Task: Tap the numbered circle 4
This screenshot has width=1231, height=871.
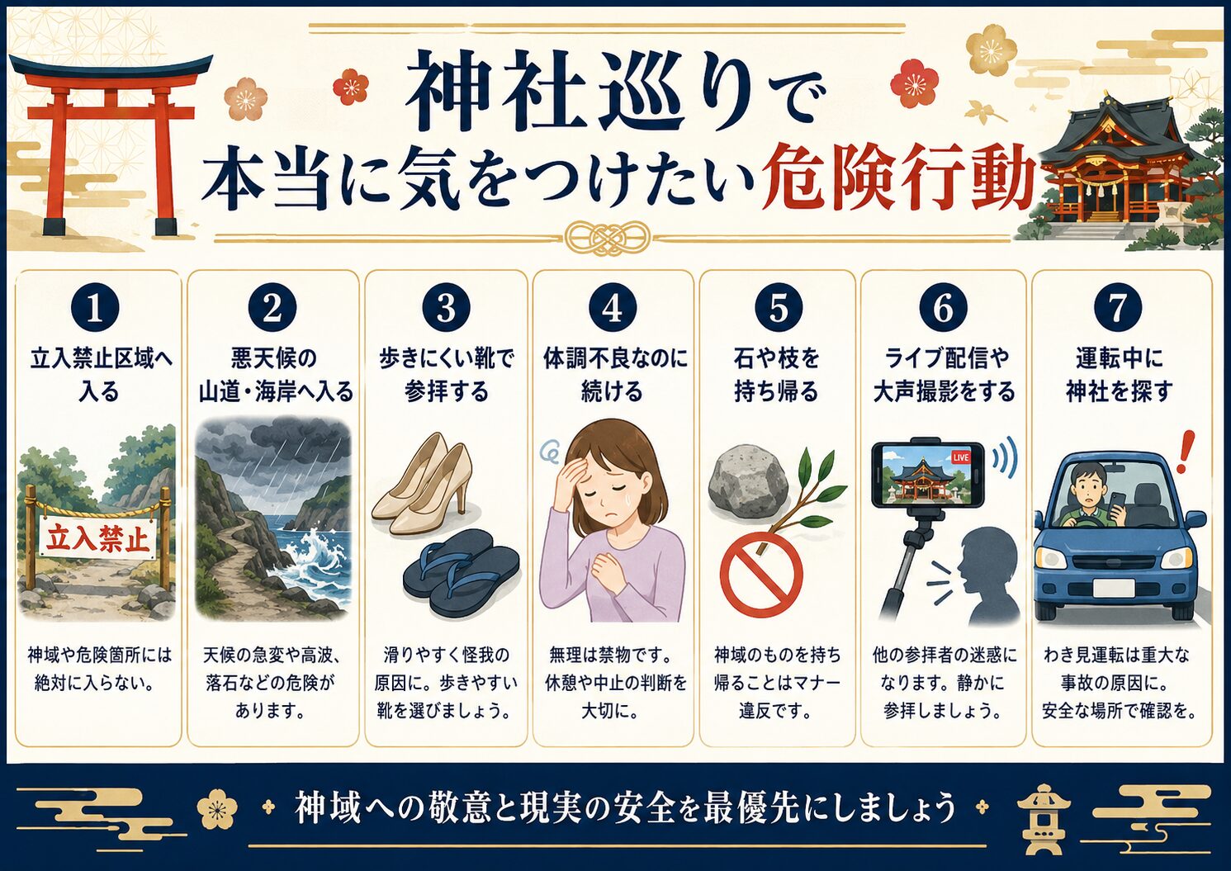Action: [x=613, y=308]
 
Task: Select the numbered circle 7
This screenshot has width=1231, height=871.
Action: [x=1118, y=308]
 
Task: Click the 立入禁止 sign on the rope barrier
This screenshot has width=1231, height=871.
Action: [x=97, y=539]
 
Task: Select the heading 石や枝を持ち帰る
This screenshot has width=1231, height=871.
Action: [x=777, y=376]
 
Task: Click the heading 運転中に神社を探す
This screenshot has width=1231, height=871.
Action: [x=1119, y=376]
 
